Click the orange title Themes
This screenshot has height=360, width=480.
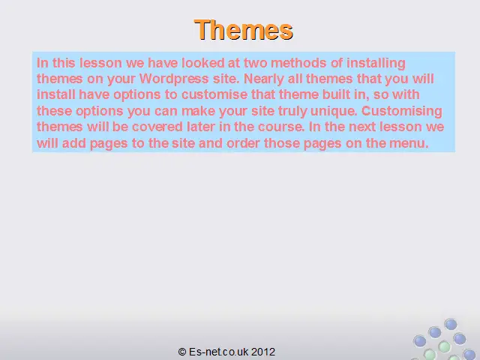click(244, 30)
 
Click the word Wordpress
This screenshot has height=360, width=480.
click(174, 79)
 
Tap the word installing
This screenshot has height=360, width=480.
click(376, 64)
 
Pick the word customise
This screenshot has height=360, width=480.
click(214, 94)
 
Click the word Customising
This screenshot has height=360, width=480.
click(402, 112)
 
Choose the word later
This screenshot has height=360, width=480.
click(201, 127)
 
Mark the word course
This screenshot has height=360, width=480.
click(281, 127)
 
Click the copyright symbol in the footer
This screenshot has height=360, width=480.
click(182, 352)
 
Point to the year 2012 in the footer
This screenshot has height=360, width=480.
click(263, 352)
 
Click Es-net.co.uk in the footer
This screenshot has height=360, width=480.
click(219, 352)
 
